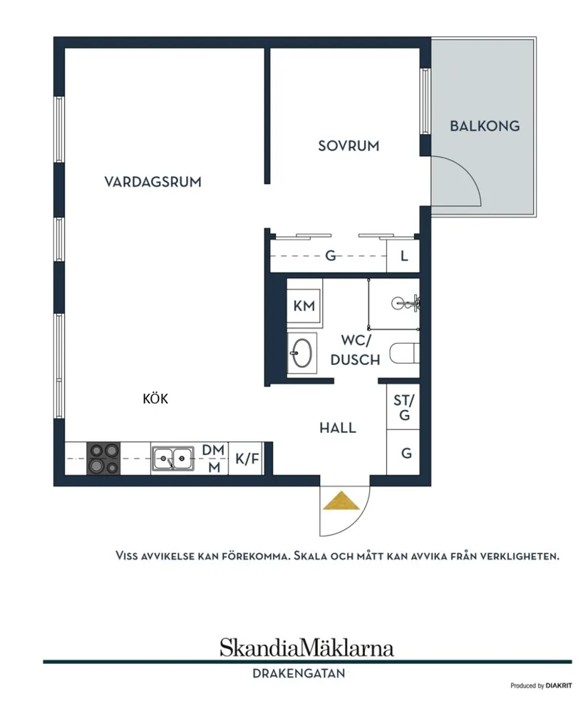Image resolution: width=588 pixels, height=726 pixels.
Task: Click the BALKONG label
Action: click(485, 126)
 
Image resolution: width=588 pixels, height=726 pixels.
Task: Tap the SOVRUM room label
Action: click(349, 146)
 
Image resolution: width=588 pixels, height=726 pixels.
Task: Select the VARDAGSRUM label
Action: click(153, 182)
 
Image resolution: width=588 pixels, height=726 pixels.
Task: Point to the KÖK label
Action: click(155, 399)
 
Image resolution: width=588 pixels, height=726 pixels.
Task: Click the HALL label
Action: click(337, 428)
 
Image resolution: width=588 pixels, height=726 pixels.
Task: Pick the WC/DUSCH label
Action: click(355, 350)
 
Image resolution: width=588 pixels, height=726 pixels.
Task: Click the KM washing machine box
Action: click(304, 306)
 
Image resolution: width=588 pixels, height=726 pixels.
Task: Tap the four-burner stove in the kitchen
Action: click(103, 459)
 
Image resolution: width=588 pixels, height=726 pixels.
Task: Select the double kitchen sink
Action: click(172, 459)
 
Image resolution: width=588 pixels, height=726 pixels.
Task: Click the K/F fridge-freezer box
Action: click(247, 459)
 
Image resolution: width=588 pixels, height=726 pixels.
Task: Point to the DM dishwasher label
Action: click(213, 451)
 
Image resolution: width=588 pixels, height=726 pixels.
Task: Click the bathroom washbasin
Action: click(301, 352)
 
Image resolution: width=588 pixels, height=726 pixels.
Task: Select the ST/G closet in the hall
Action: click(404, 407)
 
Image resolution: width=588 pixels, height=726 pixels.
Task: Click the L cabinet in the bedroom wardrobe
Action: click(403, 256)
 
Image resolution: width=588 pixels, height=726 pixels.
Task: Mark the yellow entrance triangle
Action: click(341, 501)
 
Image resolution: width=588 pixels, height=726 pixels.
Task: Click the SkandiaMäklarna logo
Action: click(306, 648)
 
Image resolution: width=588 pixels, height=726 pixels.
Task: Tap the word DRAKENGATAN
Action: click(299, 673)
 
